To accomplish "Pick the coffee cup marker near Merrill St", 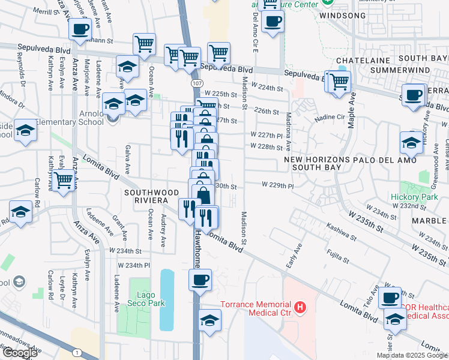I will (x=80, y=28).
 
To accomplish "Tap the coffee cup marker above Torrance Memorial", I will (x=200, y=278).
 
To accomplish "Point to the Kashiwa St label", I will (x=338, y=229).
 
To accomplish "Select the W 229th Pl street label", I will (x=277, y=185).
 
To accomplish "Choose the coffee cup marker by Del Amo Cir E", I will (x=273, y=21).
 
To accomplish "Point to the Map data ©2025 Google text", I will (x=412, y=355).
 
